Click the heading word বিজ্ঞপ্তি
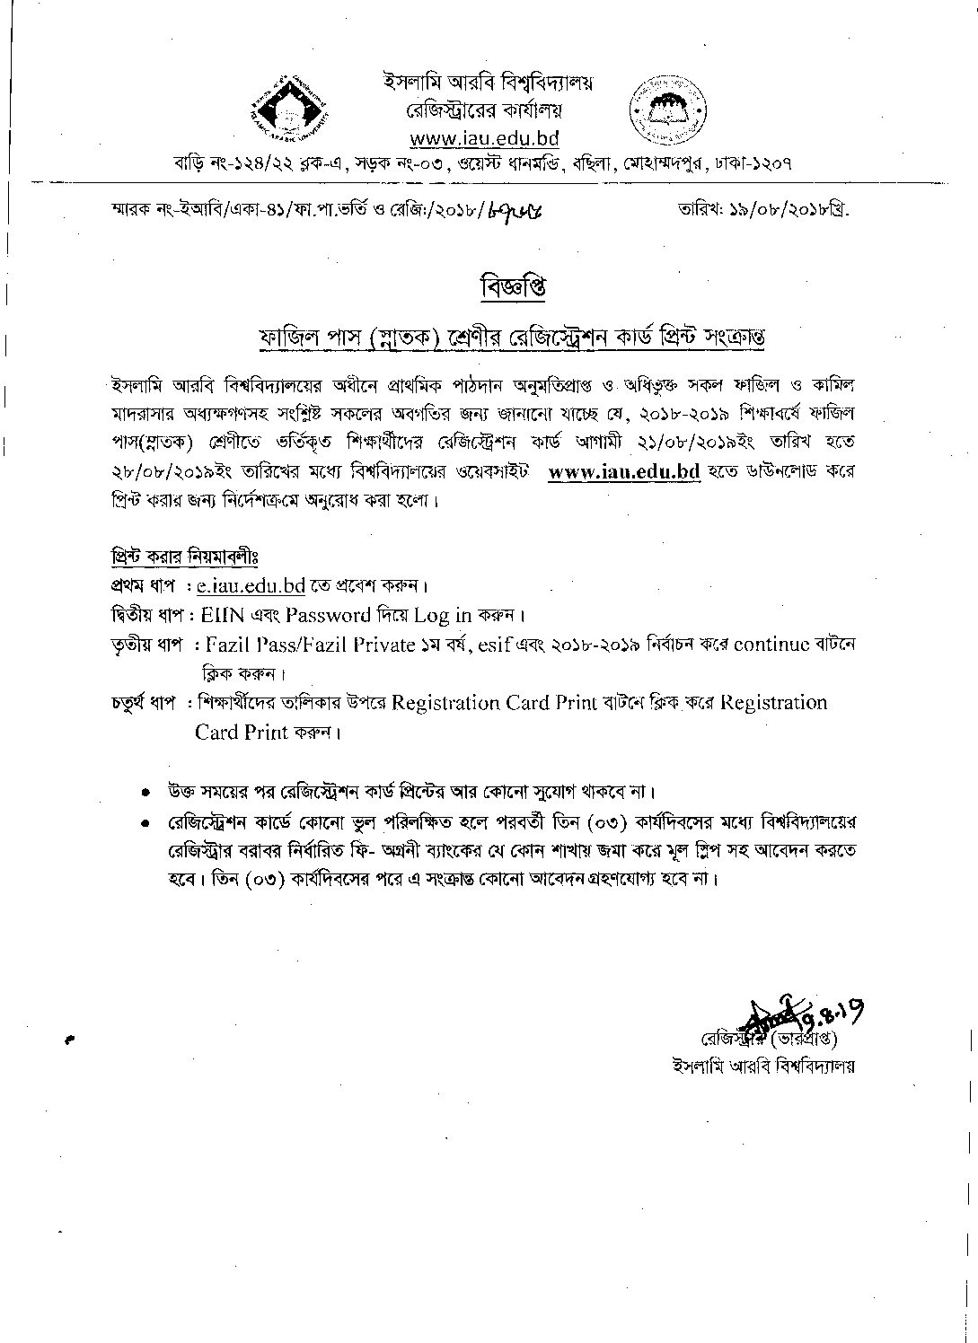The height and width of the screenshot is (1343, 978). coord(513,287)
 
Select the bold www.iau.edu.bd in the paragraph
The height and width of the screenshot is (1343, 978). coord(623,473)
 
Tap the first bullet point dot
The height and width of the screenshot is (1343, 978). coord(146,794)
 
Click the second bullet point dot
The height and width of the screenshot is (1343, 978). coord(146,823)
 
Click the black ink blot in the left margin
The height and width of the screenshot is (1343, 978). coord(69,1041)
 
